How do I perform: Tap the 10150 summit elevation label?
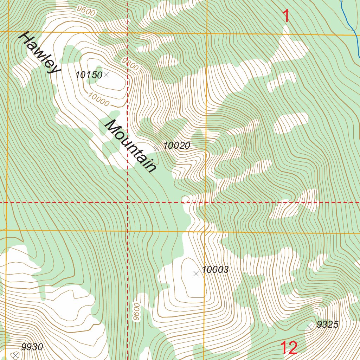(x=89, y=75)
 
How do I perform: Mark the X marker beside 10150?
(x=106, y=75)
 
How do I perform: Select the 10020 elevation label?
(x=177, y=146)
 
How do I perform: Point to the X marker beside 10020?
(x=157, y=149)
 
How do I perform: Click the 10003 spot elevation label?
(x=215, y=270)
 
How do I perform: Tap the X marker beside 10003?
(x=196, y=274)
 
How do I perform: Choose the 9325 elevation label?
(x=327, y=324)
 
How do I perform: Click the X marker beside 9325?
(x=309, y=327)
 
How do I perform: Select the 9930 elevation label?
(x=32, y=347)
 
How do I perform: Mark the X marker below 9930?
(x=15, y=356)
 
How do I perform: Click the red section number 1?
(x=287, y=16)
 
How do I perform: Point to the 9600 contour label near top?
(x=86, y=11)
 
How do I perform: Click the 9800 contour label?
(x=130, y=64)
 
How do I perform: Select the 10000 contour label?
(x=99, y=99)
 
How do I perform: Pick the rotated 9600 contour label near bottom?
(x=136, y=311)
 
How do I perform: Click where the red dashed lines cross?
(x=127, y=202)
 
